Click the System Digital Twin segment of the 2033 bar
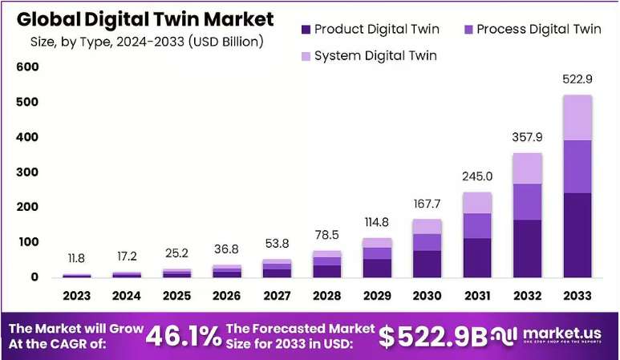[577, 118]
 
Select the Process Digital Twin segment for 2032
[528, 202]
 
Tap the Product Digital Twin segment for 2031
[477, 257]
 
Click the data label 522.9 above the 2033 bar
[577, 79]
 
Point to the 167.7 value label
[427, 204]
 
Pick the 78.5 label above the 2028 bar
[327, 235]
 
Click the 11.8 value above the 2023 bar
[76, 258]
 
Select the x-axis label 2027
[277, 296]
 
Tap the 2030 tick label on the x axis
[427, 296]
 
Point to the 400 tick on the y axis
[27, 137]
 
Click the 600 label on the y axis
[27, 67]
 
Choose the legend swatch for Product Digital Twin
[306, 29]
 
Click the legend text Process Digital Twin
[539, 29]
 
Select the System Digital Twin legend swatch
[306, 56]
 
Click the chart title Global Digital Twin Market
[145, 19]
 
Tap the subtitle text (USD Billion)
[225, 42]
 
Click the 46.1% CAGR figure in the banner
[184, 337]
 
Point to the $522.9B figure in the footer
[433, 337]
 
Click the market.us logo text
[562, 333]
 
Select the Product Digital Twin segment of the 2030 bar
[427, 264]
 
